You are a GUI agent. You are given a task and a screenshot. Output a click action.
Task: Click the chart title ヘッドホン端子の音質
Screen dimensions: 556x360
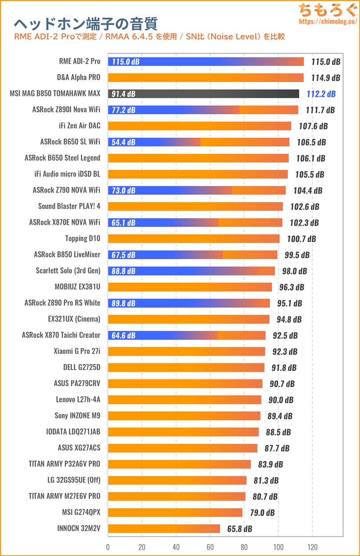pyautogui.click(x=86, y=23)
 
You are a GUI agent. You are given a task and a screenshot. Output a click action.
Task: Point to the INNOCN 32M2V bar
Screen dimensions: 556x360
pyautogui.click(x=164, y=529)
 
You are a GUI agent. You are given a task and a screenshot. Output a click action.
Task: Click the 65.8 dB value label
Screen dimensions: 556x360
pyautogui.click(x=239, y=529)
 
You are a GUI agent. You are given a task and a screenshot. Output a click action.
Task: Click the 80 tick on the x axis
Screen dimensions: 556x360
pyautogui.click(x=244, y=547)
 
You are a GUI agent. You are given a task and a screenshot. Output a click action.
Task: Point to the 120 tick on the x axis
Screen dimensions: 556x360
pyautogui.click(x=312, y=547)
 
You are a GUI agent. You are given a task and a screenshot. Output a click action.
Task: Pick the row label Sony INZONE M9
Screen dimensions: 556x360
pyautogui.click(x=78, y=416)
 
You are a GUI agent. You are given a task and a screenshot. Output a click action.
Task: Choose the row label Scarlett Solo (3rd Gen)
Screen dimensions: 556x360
pyautogui.click(x=68, y=271)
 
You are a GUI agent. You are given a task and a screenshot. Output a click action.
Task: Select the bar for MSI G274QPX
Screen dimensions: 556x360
pyautogui.click(x=175, y=512)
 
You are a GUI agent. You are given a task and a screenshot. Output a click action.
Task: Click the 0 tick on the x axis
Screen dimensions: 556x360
pyautogui.click(x=108, y=547)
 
